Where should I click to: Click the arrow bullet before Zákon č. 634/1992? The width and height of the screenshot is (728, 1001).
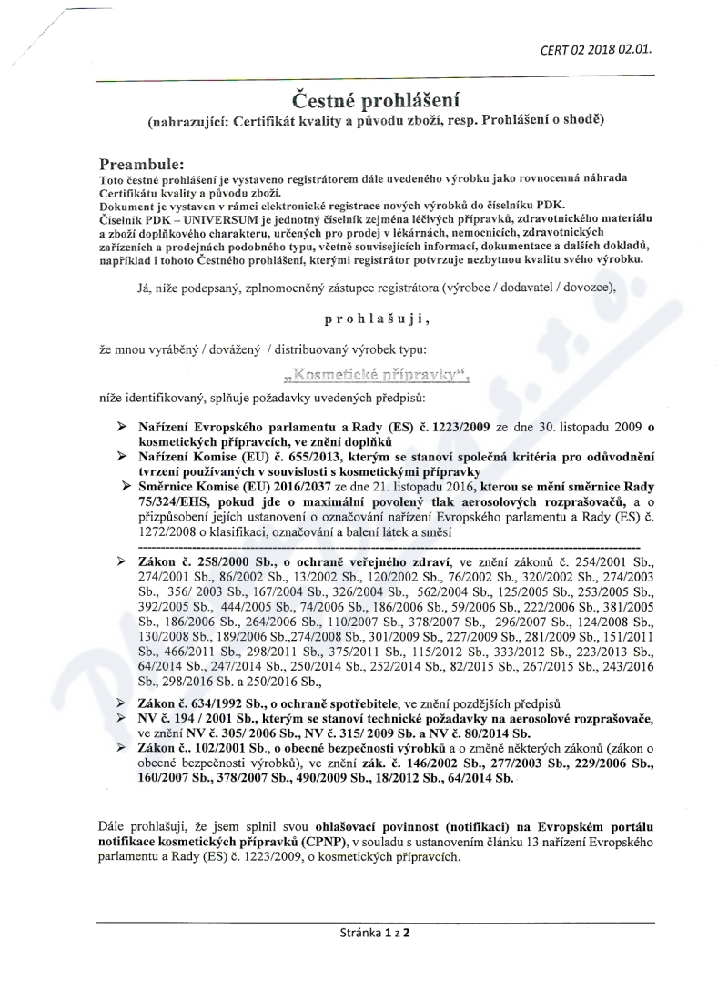point(121,704)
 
